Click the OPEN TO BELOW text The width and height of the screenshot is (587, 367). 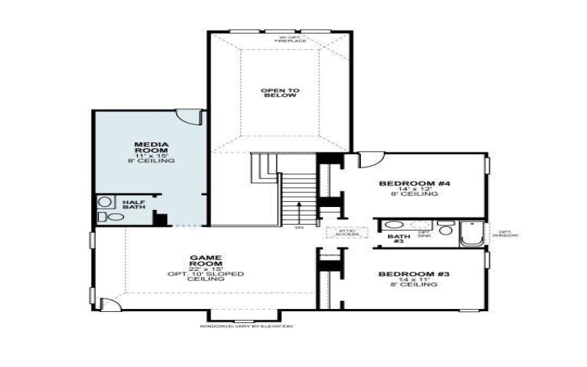[280, 92]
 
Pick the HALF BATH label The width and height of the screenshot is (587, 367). [134, 205]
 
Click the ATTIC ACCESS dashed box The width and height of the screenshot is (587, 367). [340, 232]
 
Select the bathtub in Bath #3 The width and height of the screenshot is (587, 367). [470, 234]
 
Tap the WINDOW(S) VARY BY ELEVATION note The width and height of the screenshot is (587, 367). [246, 326]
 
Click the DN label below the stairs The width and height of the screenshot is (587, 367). [299, 227]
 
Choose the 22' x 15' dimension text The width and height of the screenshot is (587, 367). [205, 268]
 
